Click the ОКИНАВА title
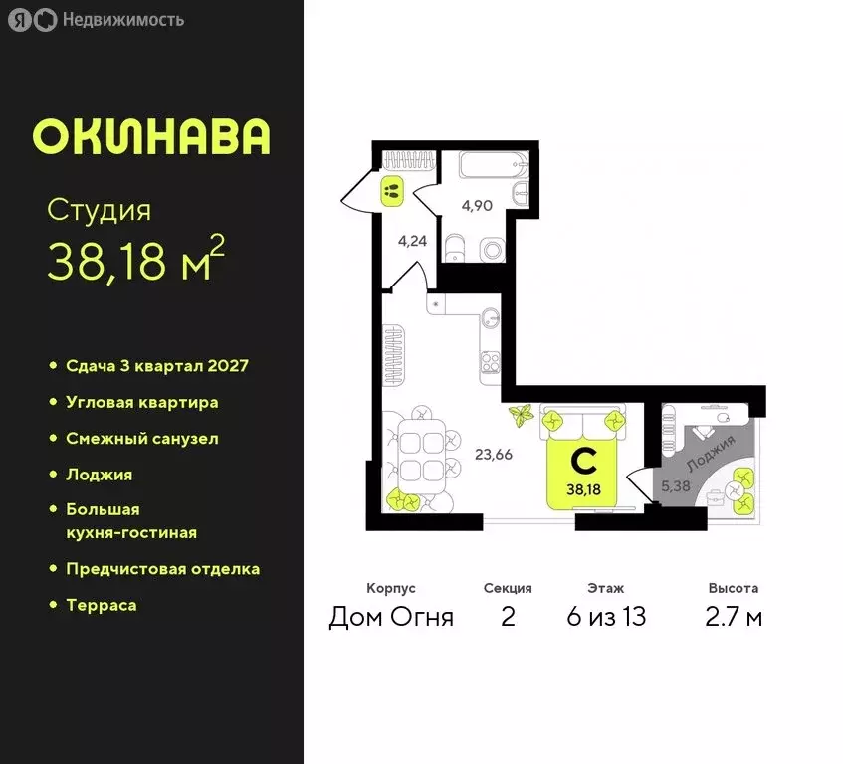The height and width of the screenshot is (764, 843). [x=150, y=137]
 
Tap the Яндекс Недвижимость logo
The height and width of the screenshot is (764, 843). [x=96, y=20]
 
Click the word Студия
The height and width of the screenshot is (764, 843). [x=100, y=211]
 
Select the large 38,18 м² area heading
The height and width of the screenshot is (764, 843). [x=135, y=261]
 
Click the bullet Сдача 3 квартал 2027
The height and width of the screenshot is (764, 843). [x=156, y=366]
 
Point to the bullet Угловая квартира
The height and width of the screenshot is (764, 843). [x=141, y=402]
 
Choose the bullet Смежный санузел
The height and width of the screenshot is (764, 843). [x=141, y=438]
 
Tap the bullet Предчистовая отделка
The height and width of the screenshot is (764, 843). [x=162, y=569]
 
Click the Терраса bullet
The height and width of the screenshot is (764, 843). [x=101, y=605]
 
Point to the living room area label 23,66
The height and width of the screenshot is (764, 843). [x=494, y=455]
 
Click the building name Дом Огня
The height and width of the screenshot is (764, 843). [x=391, y=617]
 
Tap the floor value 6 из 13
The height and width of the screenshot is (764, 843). [x=606, y=617]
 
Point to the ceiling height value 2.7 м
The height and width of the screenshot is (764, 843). [x=734, y=617]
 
